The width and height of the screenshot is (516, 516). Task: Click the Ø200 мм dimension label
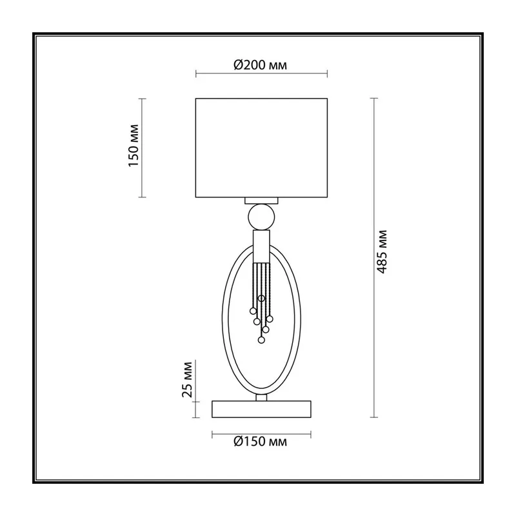[260, 65]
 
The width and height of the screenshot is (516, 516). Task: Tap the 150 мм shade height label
[134, 146]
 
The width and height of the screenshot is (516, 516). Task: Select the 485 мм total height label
[382, 252]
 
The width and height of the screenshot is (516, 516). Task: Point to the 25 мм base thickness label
[187, 379]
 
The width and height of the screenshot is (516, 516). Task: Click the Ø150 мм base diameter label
[260, 441]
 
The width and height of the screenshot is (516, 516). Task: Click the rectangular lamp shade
[261, 148]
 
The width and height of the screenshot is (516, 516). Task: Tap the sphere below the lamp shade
[261, 217]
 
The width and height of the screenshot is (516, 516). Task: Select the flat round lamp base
[261, 410]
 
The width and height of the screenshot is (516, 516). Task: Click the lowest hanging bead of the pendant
[261, 340]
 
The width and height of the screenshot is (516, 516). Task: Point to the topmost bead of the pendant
[261, 299]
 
